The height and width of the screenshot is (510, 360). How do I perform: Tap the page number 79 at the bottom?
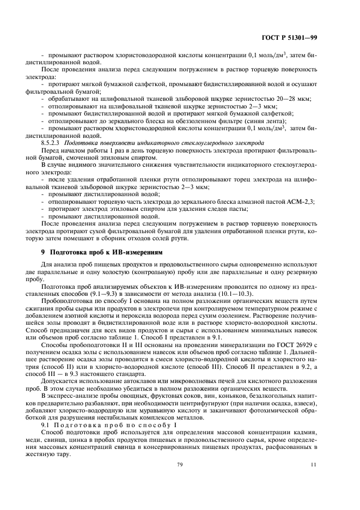179,479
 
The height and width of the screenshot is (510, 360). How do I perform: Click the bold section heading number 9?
44,252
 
